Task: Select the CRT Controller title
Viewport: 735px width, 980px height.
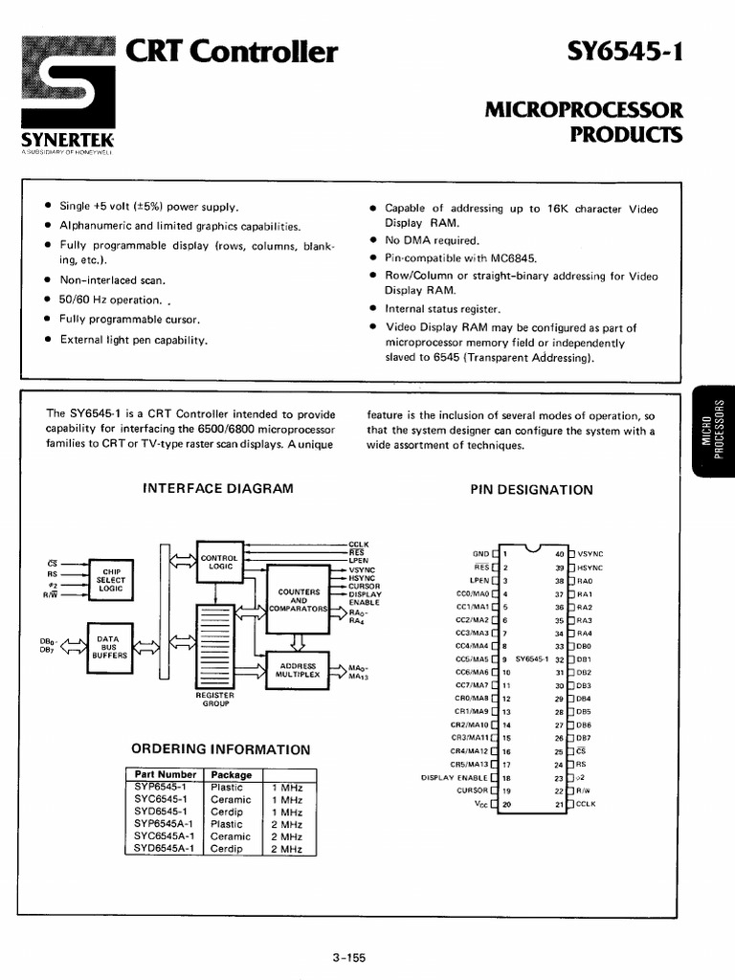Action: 232,52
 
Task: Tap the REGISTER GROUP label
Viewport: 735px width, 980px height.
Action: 215,700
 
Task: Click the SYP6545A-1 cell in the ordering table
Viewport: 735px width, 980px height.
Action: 164,823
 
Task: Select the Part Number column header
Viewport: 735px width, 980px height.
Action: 165,774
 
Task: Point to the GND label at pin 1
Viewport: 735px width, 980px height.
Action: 479,553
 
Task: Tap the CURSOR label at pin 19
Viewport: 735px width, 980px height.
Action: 472,791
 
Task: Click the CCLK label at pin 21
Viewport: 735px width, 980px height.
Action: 586,804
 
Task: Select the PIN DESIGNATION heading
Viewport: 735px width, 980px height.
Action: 531,490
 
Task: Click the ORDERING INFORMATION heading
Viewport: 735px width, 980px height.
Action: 220,749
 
